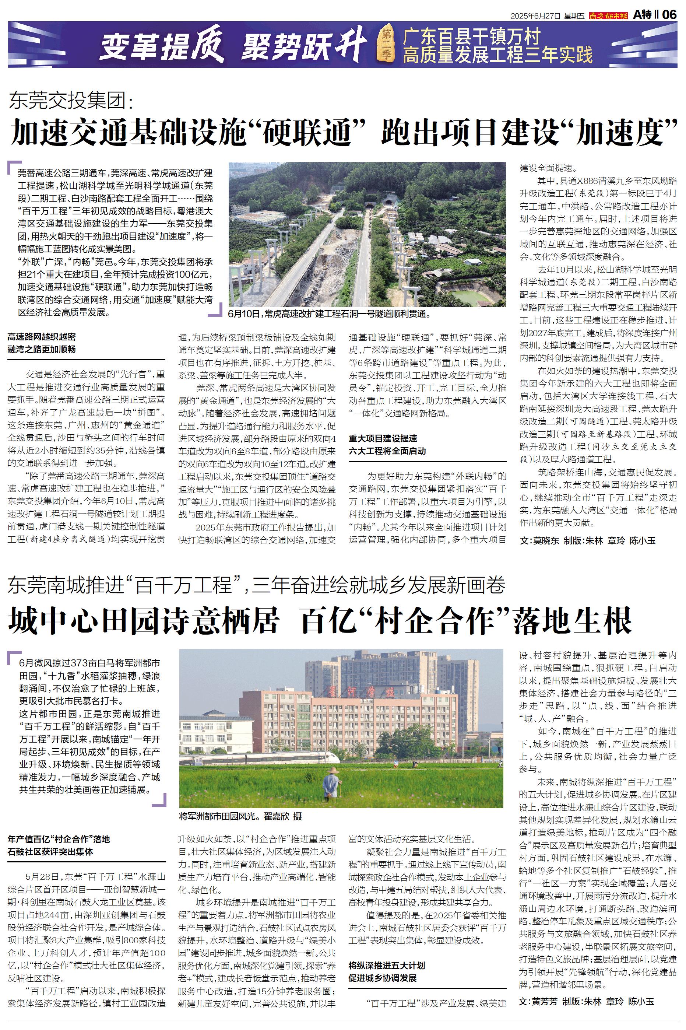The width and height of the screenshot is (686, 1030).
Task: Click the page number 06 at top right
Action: click(669, 15)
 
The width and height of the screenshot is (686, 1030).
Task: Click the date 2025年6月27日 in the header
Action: click(535, 16)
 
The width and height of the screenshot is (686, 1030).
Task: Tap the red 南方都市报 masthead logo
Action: click(608, 15)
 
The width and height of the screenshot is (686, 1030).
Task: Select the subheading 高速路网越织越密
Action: click(42, 336)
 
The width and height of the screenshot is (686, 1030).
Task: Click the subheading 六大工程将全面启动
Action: click(387, 451)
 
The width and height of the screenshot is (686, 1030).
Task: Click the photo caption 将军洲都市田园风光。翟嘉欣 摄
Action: click(240, 816)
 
